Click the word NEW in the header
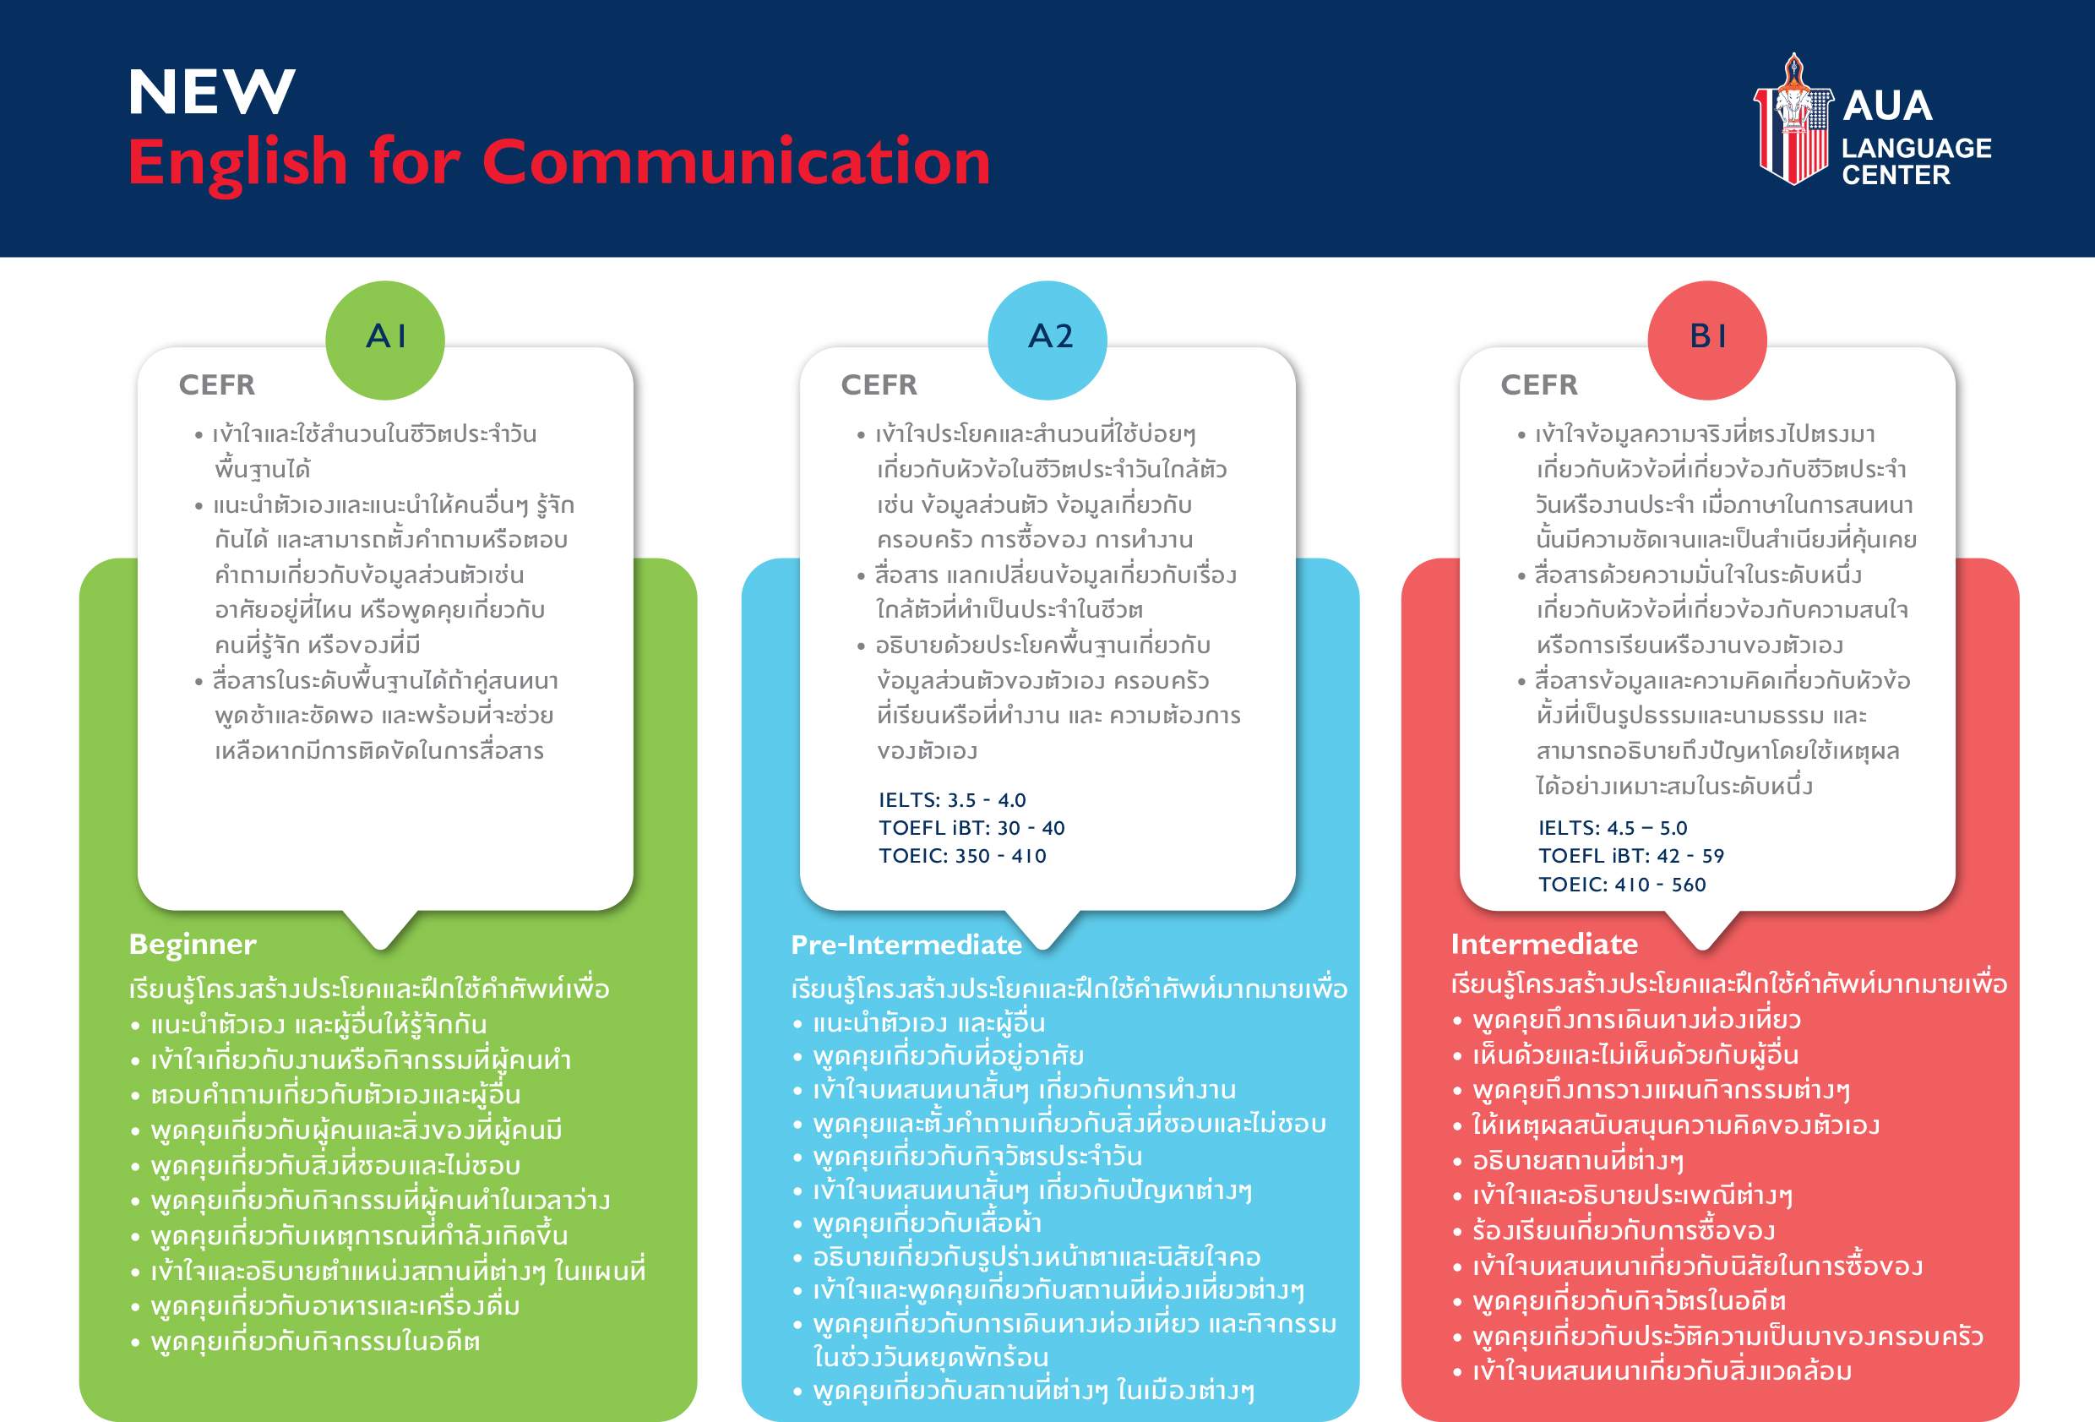(212, 92)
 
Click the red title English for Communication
(559, 162)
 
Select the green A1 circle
(385, 340)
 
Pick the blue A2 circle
(1047, 340)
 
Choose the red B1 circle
(1707, 340)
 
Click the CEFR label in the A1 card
(217, 385)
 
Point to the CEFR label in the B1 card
(1540, 385)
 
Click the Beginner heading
(193, 944)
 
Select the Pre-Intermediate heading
(907, 944)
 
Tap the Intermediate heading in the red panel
(1544, 943)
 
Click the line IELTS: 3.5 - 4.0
(952, 800)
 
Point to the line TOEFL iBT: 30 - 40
(971, 828)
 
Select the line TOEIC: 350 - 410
(963, 856)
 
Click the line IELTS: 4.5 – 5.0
(1613, 828)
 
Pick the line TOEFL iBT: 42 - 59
(1631, 856)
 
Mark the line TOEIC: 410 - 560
(1623, 885)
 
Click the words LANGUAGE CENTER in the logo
(1917, 161)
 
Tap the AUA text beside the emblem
(1888, 106)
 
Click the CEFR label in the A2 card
(879, 385)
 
